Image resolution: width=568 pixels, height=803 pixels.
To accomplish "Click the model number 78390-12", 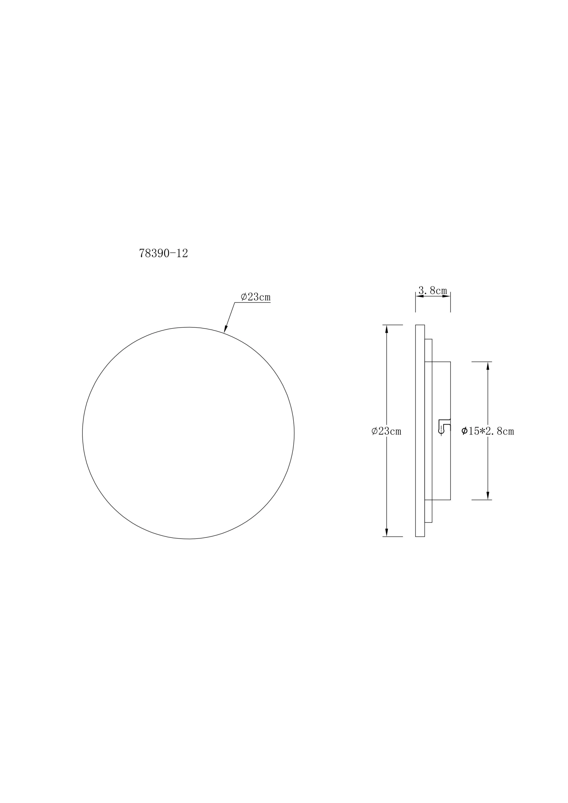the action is click(163, 253).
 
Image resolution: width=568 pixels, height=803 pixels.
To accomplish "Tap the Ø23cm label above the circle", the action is click(256, 297).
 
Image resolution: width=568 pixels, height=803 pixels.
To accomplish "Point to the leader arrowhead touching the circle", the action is click(226, 329).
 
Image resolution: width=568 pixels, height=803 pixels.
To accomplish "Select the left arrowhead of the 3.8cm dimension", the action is click(420, 296).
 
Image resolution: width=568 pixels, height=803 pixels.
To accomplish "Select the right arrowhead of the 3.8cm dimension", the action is click(446, 296).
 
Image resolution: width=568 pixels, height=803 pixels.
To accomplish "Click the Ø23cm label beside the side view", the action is click(386, 431).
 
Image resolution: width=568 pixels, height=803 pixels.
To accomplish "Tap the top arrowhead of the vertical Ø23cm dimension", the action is click(386, 329).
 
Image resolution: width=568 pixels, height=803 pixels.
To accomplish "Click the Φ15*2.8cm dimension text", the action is click(488, 431).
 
